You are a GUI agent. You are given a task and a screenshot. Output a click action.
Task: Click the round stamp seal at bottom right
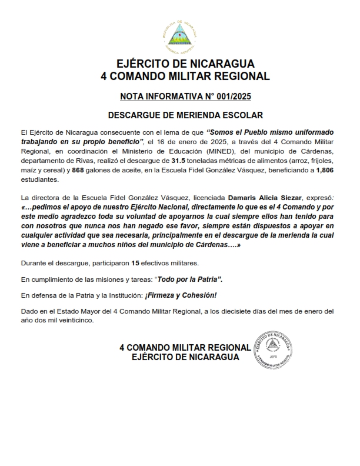(x=274, y=350)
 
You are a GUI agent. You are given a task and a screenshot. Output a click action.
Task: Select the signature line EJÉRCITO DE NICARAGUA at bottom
(x=185, y=357)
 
